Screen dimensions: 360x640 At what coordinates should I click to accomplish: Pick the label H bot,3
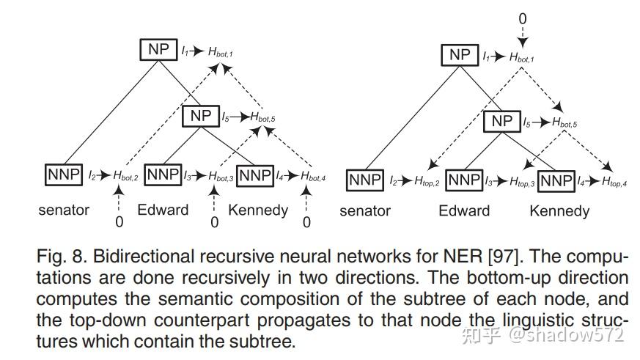point(221,176)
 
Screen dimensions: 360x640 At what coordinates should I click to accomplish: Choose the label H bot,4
point(314,176)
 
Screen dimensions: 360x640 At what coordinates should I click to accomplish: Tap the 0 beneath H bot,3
point(214,221)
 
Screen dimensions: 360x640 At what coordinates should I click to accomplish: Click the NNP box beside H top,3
point(464,180)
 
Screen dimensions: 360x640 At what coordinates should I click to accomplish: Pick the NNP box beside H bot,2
point(65,175)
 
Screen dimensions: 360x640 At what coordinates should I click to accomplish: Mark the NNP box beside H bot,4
point(255,175)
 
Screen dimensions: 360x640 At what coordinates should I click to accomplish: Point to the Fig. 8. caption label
point(59,258)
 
